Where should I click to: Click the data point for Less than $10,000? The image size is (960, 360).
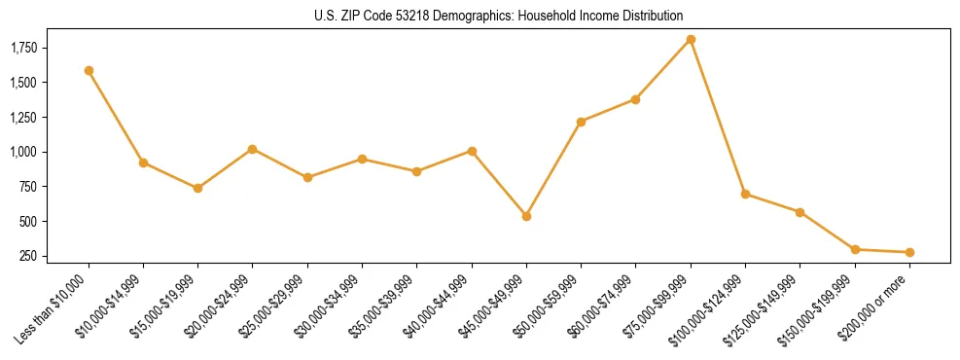(x=89, y=70)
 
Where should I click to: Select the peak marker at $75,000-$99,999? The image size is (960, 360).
(x=691, y=39)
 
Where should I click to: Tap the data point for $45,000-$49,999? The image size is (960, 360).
(x=526, y=216)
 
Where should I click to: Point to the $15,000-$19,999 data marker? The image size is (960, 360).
(x=198, y=188)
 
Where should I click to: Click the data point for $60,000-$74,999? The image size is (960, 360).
(x=636, y=99)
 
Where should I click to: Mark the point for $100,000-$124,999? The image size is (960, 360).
(x=745, y=194)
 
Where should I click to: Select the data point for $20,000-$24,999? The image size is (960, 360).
(x=253, y=149)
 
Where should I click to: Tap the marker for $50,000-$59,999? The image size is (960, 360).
(x=581, y=122)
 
